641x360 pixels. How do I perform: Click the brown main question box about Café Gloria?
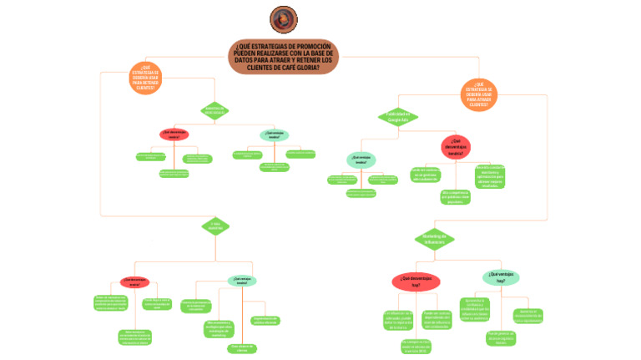(283, 57)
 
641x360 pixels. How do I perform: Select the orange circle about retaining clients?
(145, 78)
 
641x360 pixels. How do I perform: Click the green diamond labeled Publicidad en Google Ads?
(397, 117)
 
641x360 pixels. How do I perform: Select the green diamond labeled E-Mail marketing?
(215, 226)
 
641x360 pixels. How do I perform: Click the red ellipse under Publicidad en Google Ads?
(456, 146)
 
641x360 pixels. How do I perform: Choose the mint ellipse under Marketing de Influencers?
(500, 278)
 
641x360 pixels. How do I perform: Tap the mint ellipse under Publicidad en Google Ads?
(361, 160)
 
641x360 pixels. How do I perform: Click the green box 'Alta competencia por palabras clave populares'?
(455, 197)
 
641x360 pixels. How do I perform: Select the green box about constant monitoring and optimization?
(484, 175)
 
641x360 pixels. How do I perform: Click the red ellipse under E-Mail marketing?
(134, 282)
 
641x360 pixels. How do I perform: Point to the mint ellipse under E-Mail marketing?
(242, 281)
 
